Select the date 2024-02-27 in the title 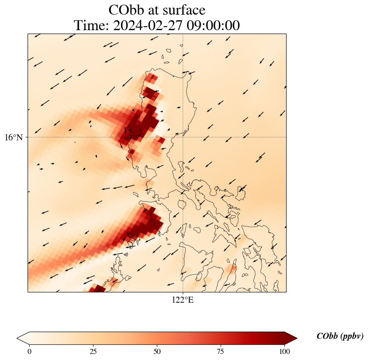click(x=146, y=26)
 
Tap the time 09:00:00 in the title click(x=212, y=26)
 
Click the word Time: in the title click(x=92, y=26)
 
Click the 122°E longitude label click(x=183, y=300)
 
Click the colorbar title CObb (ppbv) click(x=340, y=336)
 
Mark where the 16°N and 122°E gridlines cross click(x=183, y=137)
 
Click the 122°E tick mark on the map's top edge click(x=183, y=34)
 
